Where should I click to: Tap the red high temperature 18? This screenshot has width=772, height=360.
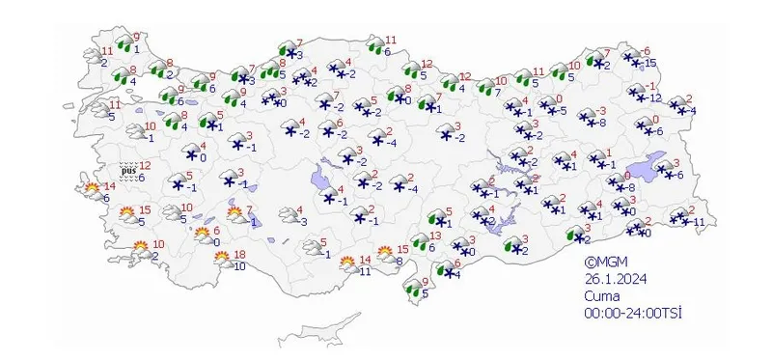(x=240, y=254)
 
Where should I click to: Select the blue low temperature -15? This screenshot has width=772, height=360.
(x=651, y=63)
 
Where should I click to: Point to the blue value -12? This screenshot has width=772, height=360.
(x=653, y=98)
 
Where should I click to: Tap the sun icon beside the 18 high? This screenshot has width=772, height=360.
(x=222, y=257)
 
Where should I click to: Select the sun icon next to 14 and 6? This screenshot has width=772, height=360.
(x=93, y=188)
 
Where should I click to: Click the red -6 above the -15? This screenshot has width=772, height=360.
(x=647, y=50)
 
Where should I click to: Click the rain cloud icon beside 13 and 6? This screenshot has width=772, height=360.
(x=420, y=240)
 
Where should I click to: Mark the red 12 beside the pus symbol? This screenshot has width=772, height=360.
(x=145, y=166)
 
